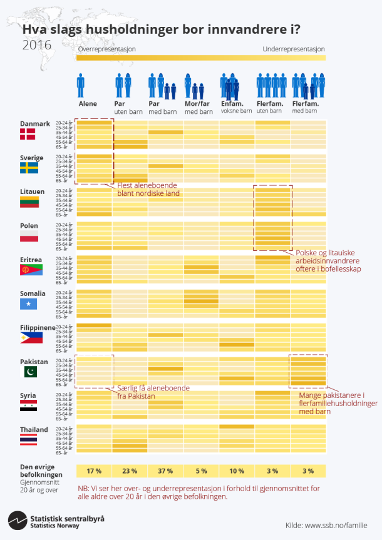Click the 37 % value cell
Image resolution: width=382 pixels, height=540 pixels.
[166, 471]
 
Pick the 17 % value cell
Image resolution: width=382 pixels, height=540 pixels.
[94, 471]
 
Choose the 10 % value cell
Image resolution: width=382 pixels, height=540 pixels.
[237, 471]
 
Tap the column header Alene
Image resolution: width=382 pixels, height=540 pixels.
[88, 103]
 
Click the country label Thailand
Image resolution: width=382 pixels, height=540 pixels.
[34, 429]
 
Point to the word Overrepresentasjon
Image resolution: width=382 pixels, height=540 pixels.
[106, 49]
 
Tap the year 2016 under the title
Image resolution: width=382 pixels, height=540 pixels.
[37, 45]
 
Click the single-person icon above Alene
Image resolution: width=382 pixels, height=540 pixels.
[81, 85]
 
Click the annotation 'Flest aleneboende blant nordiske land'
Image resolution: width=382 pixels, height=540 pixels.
[147, 190]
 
